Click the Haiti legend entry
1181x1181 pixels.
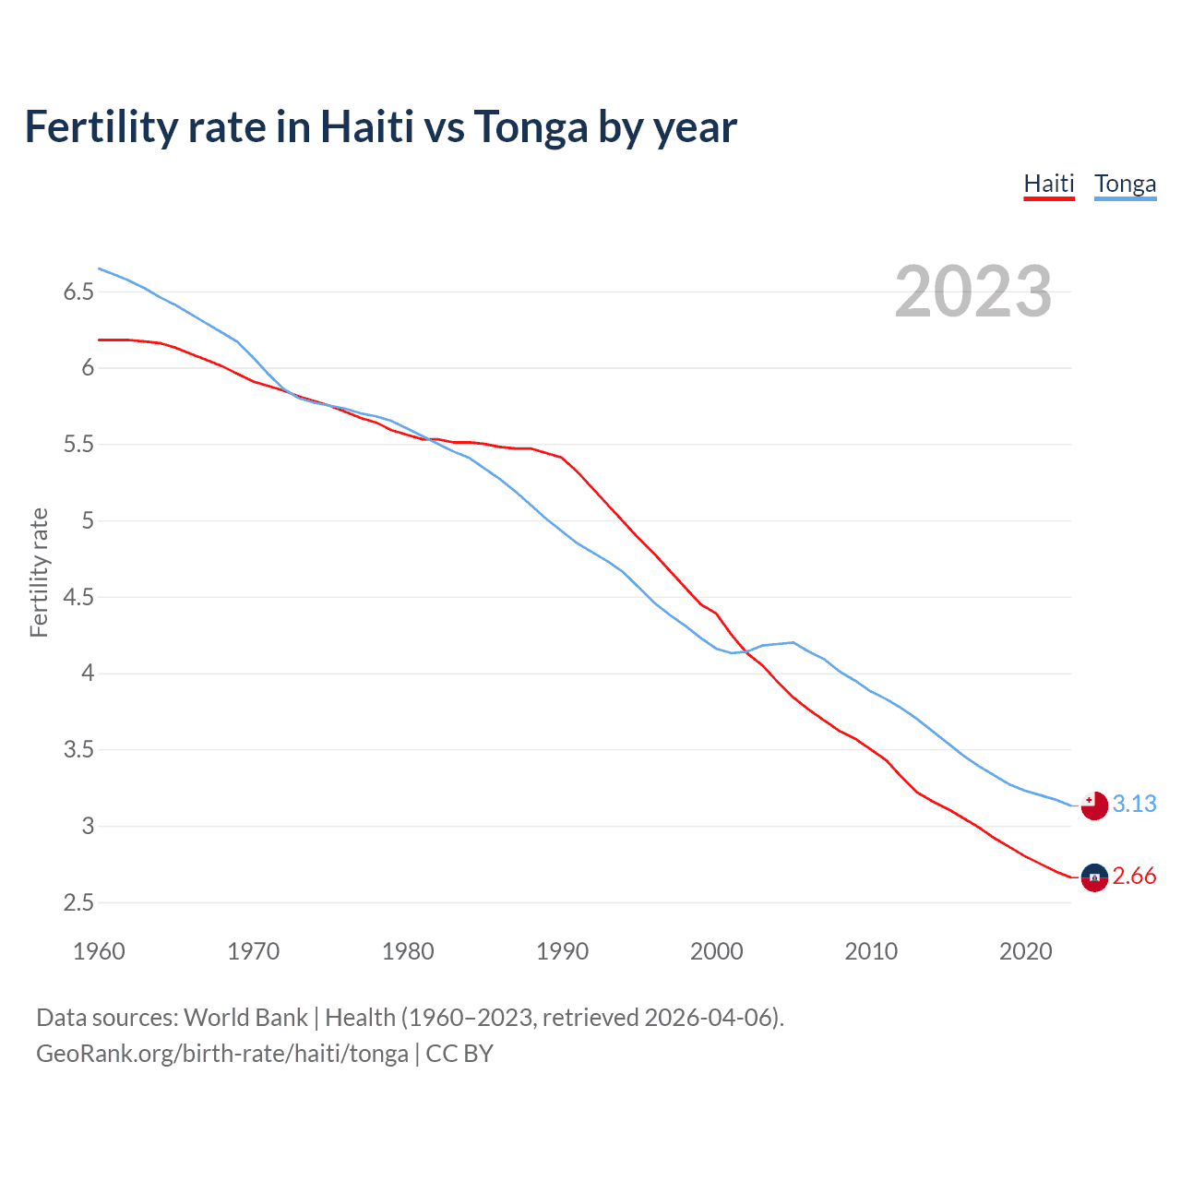(x=1049, y=184)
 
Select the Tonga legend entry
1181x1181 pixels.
(x=1125, y=184)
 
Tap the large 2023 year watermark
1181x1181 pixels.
(x=972, y=292)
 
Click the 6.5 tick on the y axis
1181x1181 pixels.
(x=78, y=292)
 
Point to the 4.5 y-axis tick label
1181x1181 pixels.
(x=78, y=598)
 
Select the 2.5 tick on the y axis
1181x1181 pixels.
(x=78, y=903)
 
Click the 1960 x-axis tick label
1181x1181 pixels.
(x=99, y=951)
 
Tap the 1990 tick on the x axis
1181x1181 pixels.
(x=562, y=951)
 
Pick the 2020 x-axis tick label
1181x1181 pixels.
(x=1025, y=951)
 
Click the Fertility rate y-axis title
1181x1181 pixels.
(x=39, y=572)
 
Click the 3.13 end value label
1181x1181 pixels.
(x=1134, y=804)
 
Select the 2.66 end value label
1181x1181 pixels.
(x=1134, y=876)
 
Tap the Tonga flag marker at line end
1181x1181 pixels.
(x=1094, y=805)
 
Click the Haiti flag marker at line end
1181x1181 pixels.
(x=1094, y=877)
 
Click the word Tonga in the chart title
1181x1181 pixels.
(x=531, y=127)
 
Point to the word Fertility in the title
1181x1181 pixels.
(x=101, y=127)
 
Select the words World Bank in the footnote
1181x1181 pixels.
(x=245, y=1018)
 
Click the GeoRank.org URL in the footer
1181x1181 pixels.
(x=221, y=1054)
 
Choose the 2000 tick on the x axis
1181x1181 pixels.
(x=716, y=951)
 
